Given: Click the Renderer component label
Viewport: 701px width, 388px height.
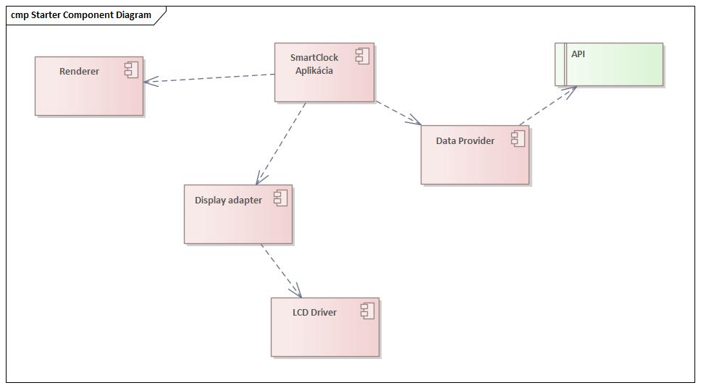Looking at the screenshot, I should tap(79, 71).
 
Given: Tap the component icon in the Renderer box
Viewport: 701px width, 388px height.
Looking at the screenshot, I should tap(131, 70).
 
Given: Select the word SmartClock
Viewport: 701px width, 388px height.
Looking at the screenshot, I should tap(314, 57).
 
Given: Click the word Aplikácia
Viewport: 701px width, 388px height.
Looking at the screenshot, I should tap(314, 70).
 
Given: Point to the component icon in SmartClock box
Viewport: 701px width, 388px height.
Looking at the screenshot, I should tap(362, 56).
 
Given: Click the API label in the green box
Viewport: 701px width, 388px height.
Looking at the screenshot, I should tap(578, 54).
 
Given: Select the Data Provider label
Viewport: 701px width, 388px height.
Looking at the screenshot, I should tap(465, 140).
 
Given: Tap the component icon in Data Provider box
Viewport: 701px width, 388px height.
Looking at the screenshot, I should tap(517, 139).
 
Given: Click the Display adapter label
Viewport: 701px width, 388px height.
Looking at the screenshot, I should tap(228, 200).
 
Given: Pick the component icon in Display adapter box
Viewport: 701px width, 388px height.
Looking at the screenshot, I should tap(280, 198).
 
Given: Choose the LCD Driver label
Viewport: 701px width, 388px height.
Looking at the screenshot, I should tap(314, 312).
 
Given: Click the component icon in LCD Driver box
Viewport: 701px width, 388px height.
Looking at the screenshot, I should tap(367, 311).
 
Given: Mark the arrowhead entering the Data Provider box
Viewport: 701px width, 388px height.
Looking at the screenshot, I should tap(416, 122).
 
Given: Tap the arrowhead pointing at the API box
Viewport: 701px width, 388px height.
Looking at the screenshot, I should tap(572, 90).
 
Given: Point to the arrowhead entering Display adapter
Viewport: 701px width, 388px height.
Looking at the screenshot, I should tap(260, 180).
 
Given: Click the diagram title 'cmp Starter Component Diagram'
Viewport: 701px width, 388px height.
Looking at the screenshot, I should tap(81, 14).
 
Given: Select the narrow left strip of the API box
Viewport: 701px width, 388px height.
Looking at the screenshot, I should tap(559, 64).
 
